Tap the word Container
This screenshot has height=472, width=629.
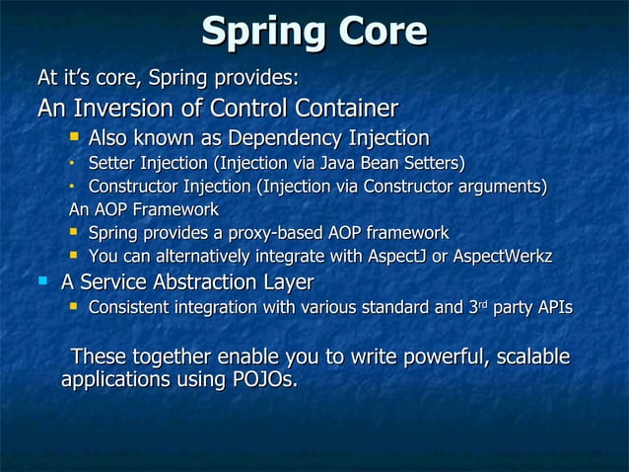[x=345, y=108]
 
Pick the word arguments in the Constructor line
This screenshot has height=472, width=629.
[x=499, y=186]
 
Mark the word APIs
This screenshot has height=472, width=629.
[x=553, y=309]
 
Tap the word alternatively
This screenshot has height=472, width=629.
[x=186, y=257]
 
